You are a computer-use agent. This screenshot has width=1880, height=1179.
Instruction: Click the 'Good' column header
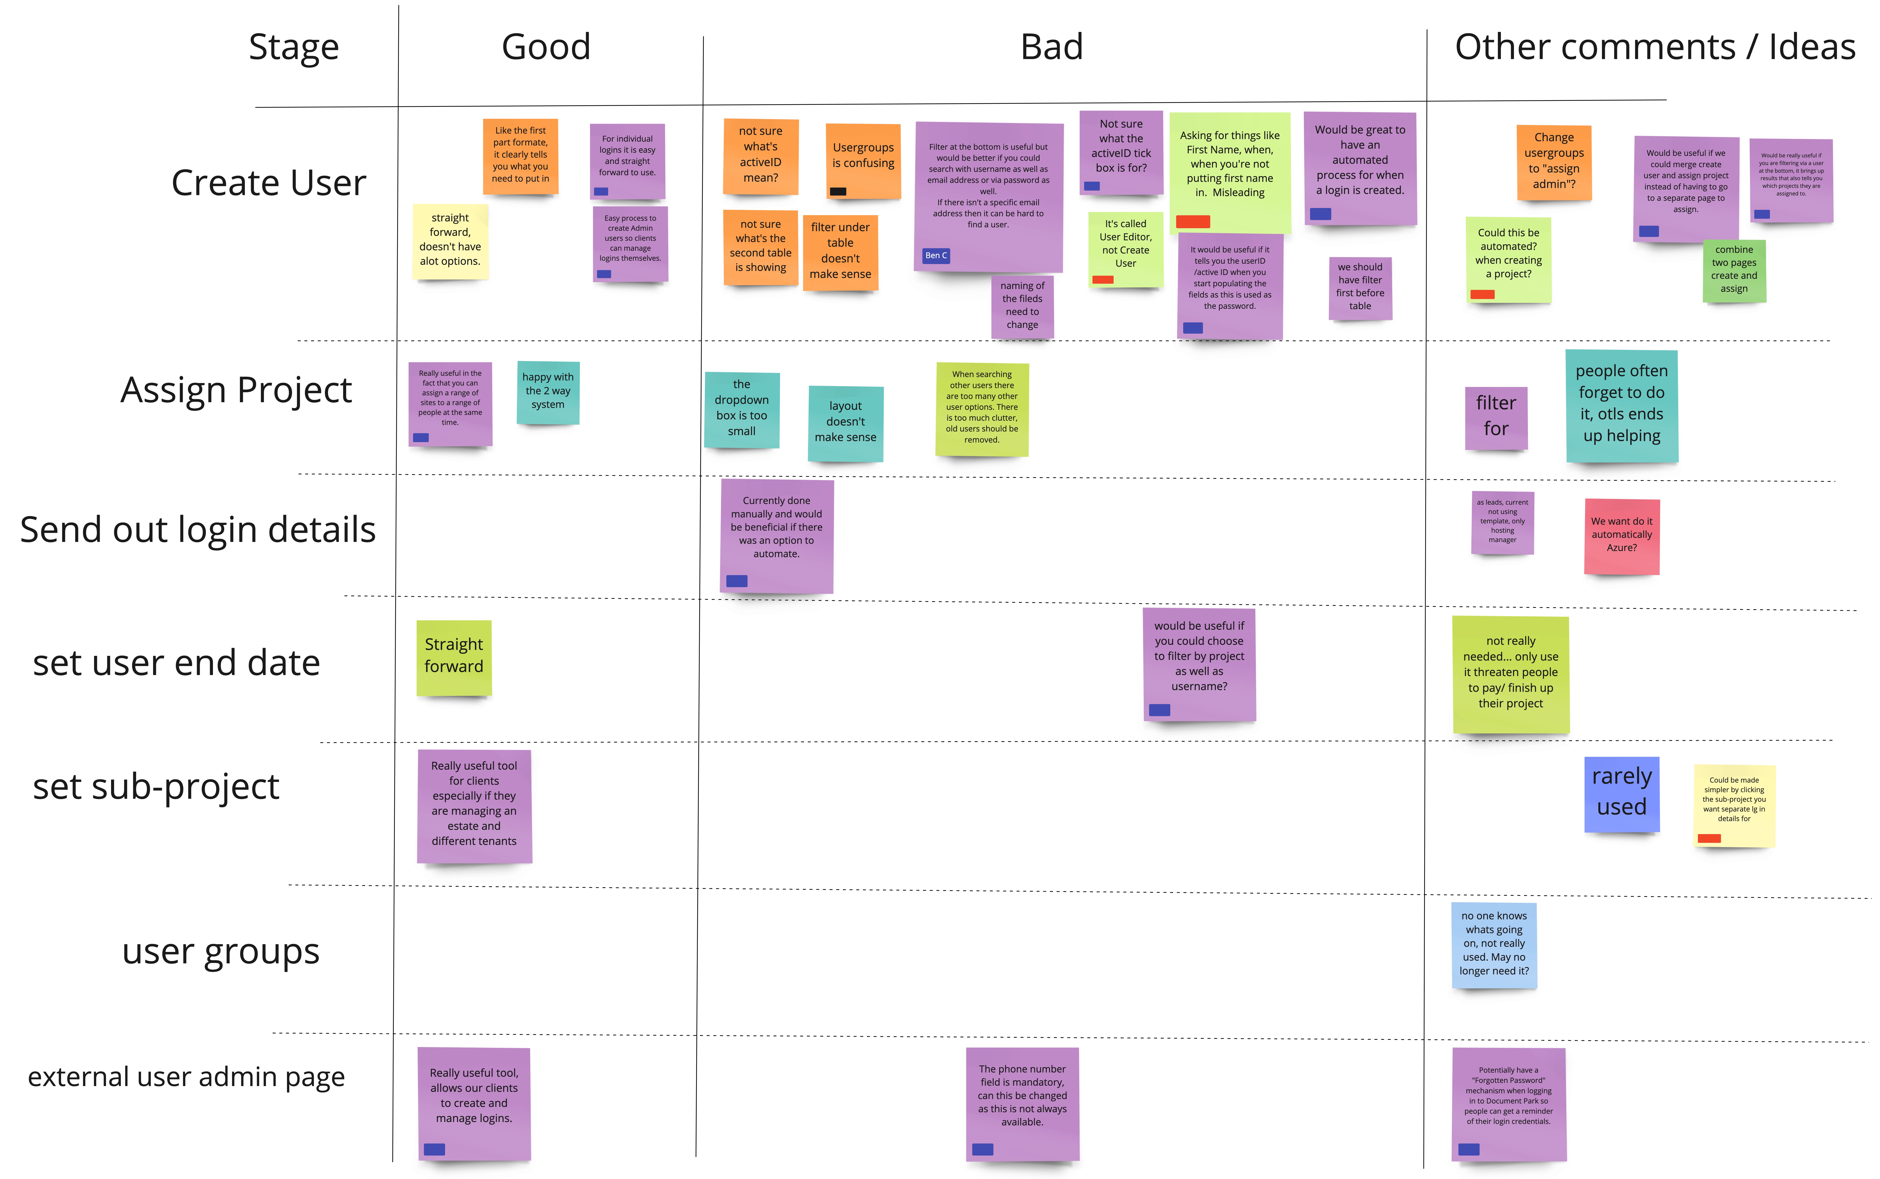pyautogui.click(x=546, y=47)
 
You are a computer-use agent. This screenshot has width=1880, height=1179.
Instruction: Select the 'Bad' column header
pyautogui.click(x=1052, y=47)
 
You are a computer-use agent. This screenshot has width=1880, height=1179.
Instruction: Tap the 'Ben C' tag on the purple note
pyautogui.click(x=935, y=256)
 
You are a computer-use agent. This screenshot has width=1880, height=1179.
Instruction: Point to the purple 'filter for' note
pyautogui.click(x=1495, y=418)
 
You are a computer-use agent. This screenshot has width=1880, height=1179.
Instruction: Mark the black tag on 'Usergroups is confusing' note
pyautogui.click(x=838, y=191)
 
